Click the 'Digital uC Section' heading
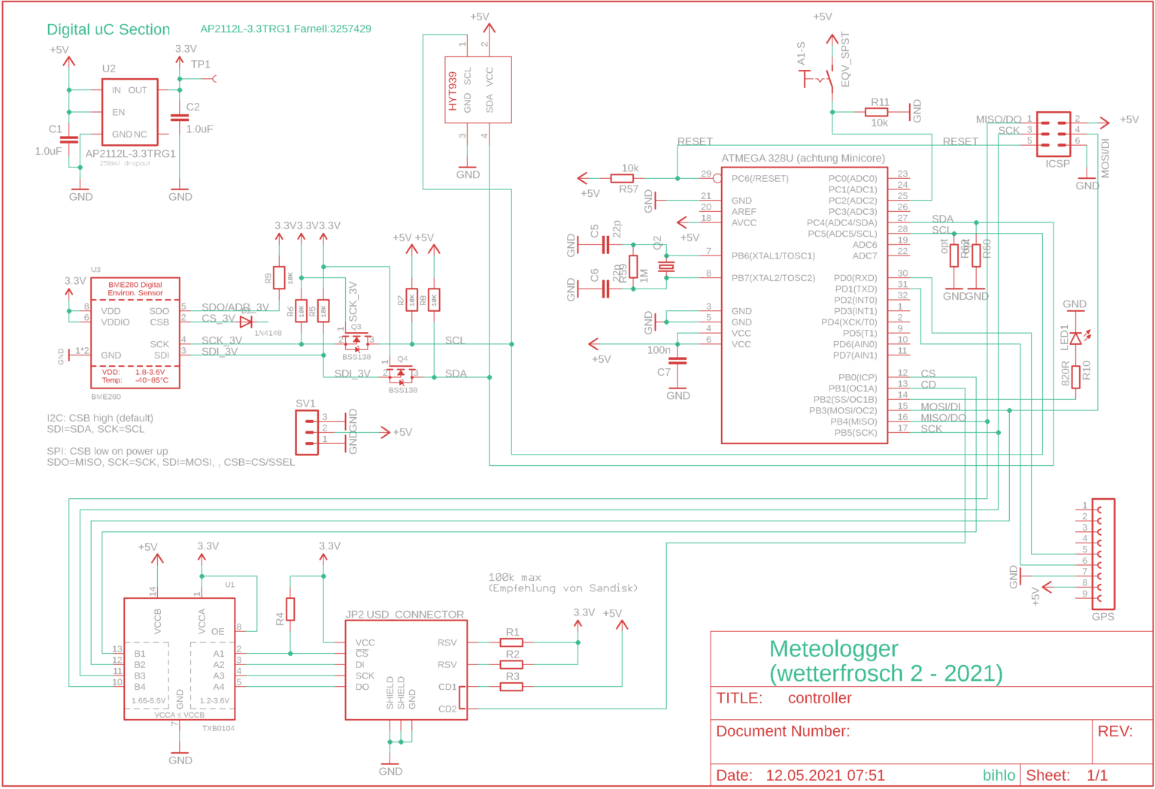(x=108, y=29)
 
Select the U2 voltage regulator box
(x=129, y=112)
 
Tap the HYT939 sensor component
(x=477, y=89)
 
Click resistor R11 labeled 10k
(x=876, y=112)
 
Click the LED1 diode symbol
(x=1075, y=338)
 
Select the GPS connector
(x=1103, y=553)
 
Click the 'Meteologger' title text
(x=833, y=648)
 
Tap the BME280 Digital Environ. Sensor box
(x=135, y=331)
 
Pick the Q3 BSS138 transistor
(x=356, y=340)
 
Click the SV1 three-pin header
(x=307, y=432)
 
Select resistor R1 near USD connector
(x=511, y=642)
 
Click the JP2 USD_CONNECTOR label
(x=405, y=614)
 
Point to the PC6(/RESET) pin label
(x=759, y=179)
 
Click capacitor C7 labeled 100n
(x=678, y=361)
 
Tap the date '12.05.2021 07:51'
(x=825, y=775)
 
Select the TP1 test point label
(x=201, y=65)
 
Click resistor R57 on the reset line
(x=622, y=179)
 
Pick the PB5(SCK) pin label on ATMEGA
(x=855, y=432)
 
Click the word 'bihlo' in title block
(x=999, y=775)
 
